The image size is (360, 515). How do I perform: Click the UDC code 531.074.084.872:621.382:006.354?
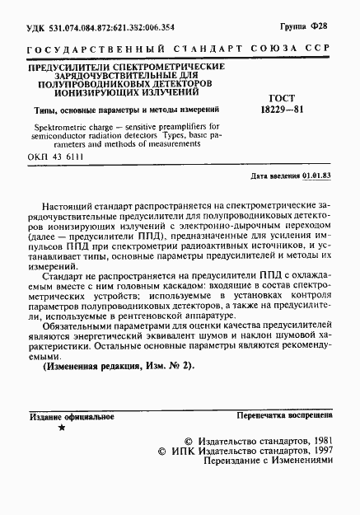(x=99, y=27)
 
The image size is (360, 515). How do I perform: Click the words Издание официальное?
(x=65, y=418)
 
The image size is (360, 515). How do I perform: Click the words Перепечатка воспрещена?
(x=284, y=417)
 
